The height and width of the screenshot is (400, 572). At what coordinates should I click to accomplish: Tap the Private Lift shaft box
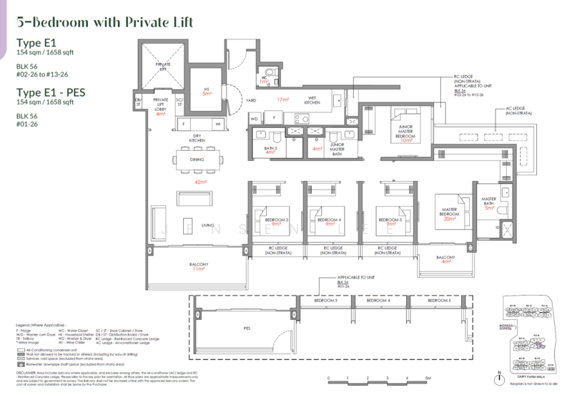tap(162, 64)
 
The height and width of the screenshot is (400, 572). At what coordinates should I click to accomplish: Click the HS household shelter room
tap(205, 91)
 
